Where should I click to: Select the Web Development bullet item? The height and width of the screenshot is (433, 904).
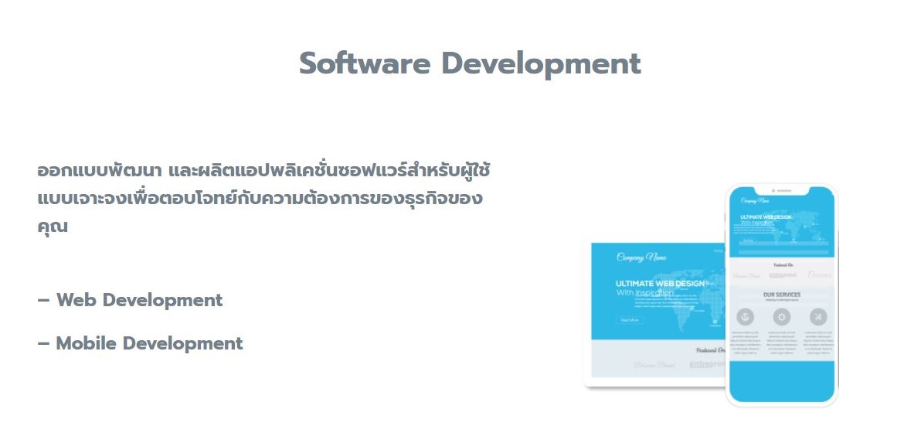pyautogui.click(x=131, y=300)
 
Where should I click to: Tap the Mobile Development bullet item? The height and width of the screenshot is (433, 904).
pyautogui.click(x=141, y=343)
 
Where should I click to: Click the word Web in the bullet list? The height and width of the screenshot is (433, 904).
pyautogui.click(x=76, y=300)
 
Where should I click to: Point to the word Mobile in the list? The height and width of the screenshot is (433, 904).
pyautogui.click(x=87, y=343)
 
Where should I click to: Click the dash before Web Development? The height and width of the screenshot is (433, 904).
pyautogui.click(x=43, y=300)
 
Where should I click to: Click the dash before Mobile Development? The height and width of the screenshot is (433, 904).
pyautogui.click(x=43, y=343)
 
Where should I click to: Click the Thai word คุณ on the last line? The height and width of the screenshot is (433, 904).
pyautogui.click(x=53, y=227)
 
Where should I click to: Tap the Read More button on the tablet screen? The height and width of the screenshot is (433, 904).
pyautogui.click(x=629, y=319)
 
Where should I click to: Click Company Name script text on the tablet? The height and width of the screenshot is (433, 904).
pyautogui.click(x=641, y=257)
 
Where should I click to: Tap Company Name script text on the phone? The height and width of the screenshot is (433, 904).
pyautogui.click(x=755, y=201)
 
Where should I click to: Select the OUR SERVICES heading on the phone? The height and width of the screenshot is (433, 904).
pyautogui.click(x=782, y=295)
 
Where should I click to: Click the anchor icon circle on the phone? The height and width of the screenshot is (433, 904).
pyautogui.click(x=744, y=316)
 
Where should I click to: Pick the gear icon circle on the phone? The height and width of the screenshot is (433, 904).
pyautogui.click(x=782, y=316)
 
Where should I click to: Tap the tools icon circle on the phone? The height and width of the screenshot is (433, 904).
pyautogui.click(x=818, y=316)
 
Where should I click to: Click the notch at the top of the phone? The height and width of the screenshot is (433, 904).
pyautogui.click(x=781, y=190)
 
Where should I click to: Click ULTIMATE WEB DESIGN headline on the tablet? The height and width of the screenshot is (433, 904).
pyautogui.click(x=661, y=284)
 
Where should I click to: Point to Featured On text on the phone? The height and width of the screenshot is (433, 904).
pyautogui.click(x=781, y=264)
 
